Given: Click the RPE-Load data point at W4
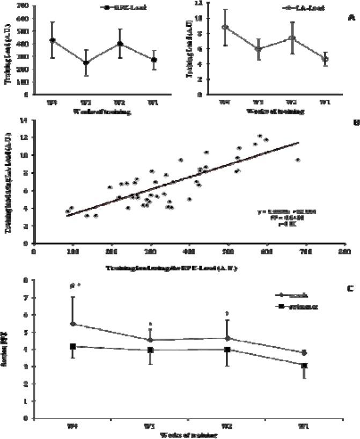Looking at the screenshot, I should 52,40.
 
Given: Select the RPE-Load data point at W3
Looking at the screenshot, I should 86,62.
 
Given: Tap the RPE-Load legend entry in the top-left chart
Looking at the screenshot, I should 119,8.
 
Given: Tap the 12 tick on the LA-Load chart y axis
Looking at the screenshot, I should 199,3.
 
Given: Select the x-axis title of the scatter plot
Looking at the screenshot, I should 172,267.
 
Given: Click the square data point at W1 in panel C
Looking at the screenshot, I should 304,365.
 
